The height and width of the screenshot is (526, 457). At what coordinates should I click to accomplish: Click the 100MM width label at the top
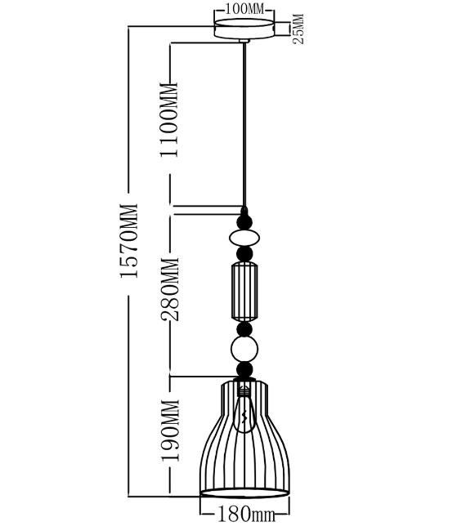[x=244, y=9]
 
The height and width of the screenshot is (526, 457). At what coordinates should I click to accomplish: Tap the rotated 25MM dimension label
[x=298, y=29]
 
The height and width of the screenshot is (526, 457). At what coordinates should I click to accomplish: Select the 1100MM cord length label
[x=169, y=120]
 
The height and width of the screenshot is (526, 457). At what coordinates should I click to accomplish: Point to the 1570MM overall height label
[x=129, y=240]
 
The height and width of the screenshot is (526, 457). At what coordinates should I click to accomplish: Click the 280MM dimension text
[x=170, y=289]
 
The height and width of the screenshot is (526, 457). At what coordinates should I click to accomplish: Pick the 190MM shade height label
[x=171, y=430]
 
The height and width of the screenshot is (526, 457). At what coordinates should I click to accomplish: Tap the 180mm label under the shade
[x=247, y=514]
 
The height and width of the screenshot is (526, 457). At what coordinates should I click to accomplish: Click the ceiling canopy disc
[x=244, y=29]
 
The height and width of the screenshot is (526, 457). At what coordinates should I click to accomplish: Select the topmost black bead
[x=244, y=222]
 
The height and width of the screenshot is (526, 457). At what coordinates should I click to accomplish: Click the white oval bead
[x=244, y=238]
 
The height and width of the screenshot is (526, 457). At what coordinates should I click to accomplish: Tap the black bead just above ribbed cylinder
[x=244, y=254]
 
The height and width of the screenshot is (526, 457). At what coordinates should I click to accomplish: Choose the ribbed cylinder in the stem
[x=244, y=292]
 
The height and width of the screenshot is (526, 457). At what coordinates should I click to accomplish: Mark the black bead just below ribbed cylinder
[x=244, y=329]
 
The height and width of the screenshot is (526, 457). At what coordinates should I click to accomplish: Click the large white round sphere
[x=244, y=350]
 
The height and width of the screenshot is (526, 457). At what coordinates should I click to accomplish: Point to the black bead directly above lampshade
[x=244, y=369]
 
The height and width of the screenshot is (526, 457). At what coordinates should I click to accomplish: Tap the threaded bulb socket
[x=244, y=389]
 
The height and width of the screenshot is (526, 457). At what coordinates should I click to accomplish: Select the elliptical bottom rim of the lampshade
[x=244, y=493]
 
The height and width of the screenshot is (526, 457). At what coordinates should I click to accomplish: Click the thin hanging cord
[x=244, y=125]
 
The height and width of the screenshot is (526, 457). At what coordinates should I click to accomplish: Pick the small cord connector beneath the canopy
[x=244, y=41]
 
